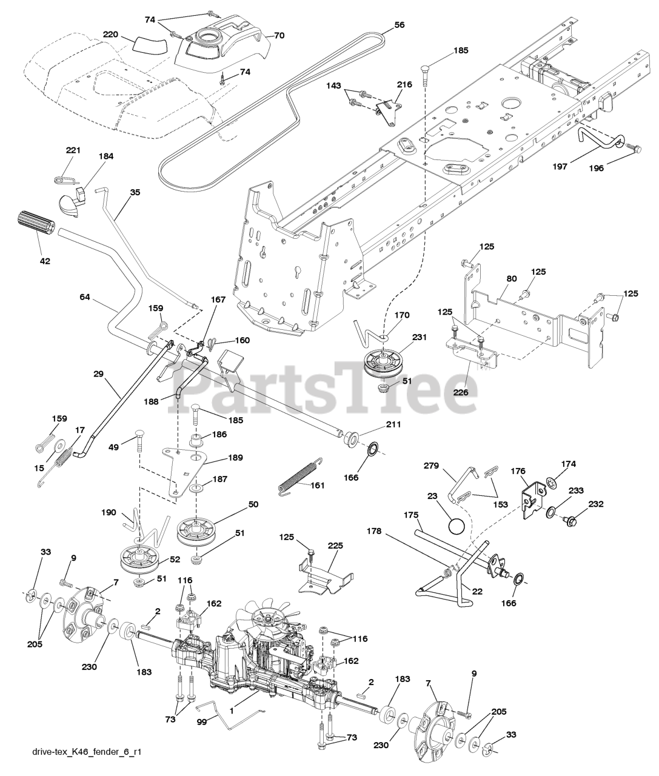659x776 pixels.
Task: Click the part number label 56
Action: [399, 25]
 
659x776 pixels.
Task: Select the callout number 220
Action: [110, 35]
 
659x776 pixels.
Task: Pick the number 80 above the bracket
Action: [495, 279]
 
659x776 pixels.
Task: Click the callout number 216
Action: [404, 84]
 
